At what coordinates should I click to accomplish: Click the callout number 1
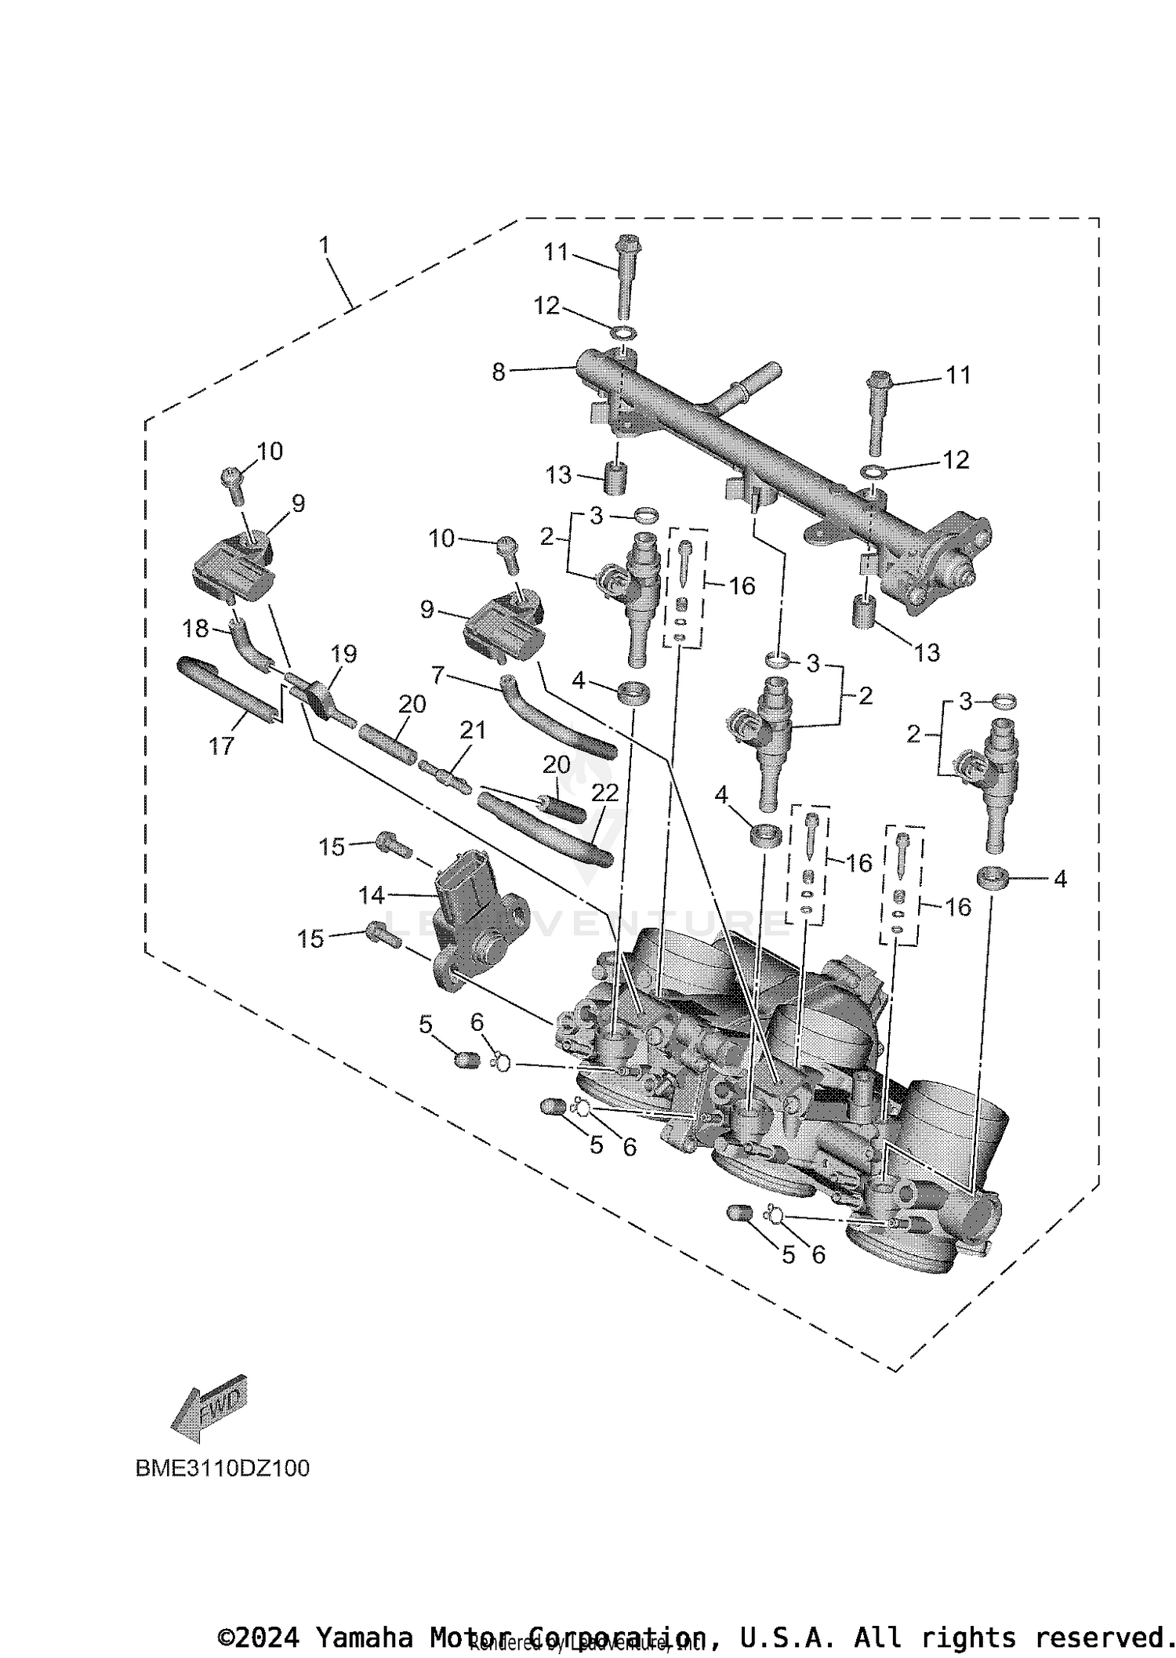pyautogui.click(x=324, y=245)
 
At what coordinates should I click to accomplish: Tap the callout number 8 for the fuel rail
pyautogui.click(x=499, y=372)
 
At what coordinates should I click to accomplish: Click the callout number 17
pyautogui.click(x=221, y=746)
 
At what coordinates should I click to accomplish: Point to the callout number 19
pyautogui.click(x=343, y=653)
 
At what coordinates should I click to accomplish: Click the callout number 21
pyautogui.click(x=473, y=730)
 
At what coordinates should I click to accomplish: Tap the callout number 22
pyautogui.click(x=604, y=793)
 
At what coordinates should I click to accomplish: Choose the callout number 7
pyautogui.click(x=438, y=673)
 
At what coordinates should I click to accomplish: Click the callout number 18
pyautogui.click(x=195, y=628)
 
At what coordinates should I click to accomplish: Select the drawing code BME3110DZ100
pyautogui.click(x=222, y=1468)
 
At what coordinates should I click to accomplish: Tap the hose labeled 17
pyautogui.click(x=227, y=689)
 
